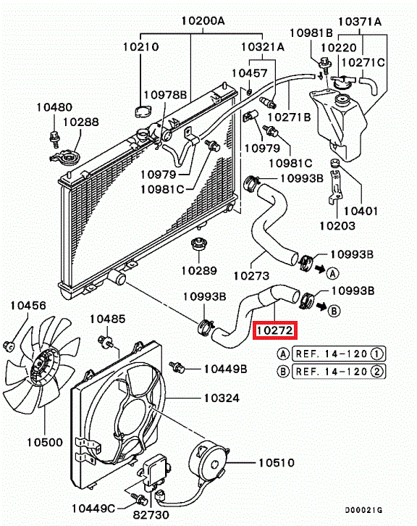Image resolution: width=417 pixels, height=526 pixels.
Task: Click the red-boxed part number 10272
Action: click(275, 330)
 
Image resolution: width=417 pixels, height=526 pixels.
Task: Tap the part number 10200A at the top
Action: click(203, 21)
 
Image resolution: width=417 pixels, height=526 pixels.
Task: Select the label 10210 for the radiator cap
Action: click(140, 46)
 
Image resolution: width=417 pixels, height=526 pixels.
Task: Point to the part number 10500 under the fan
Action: click(45, 442)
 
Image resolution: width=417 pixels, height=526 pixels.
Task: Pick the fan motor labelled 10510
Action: click(208, 461)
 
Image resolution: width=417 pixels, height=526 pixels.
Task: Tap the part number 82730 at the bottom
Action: click(151, 514)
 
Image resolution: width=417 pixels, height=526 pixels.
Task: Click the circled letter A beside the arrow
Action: click(332, 273)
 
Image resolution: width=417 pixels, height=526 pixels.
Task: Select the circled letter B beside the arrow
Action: click(334, 311)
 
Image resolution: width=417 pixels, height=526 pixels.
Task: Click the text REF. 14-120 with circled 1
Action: click(339, 354)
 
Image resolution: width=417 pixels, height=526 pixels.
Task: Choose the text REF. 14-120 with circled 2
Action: click(339, 372)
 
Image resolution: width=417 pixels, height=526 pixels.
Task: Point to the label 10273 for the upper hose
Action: click(251, 276)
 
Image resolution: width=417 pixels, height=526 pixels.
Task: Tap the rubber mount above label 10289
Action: click(198, 245)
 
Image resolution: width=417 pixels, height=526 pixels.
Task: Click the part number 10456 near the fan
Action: click(28, 305)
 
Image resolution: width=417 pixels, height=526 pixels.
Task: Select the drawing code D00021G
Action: click(363, 510)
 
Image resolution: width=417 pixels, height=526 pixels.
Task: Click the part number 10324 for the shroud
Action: click(222, 398)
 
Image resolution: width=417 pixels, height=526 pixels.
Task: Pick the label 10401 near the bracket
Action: click(361, 211)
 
